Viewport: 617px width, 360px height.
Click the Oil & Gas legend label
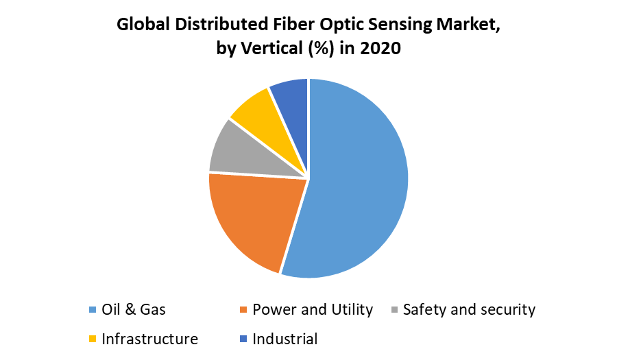(134, 309)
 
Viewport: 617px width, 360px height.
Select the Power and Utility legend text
(313, 309)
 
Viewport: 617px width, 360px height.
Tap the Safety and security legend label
(469, 309)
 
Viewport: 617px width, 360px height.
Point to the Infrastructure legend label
(149, 339)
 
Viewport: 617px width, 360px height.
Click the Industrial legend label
(285, 339)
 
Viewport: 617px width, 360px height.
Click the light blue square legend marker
(93, 311)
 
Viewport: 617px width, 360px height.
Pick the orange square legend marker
(244, 311)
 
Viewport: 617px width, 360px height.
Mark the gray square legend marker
(395, 311)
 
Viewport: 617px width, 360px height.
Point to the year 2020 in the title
(381, 50)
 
